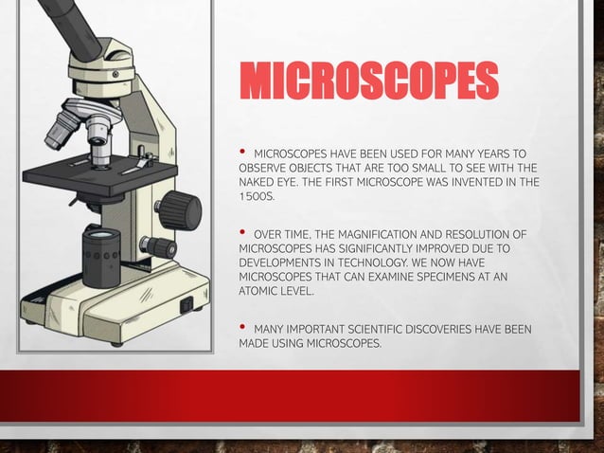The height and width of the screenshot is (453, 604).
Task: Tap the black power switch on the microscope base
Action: (x=187, y=304)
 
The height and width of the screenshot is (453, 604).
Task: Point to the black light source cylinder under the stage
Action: (x=100, y=254)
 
